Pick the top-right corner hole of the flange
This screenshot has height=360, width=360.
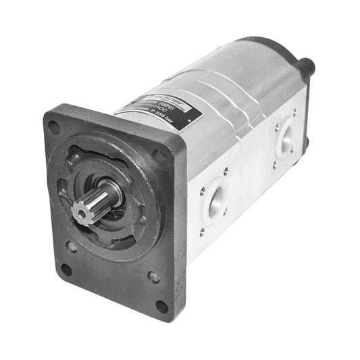(x=160, y=157)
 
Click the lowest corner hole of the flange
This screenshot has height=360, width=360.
(x=161, y=305)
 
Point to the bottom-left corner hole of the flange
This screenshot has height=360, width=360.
(x=66, y=268)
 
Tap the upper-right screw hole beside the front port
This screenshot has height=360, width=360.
(x=226, y=172)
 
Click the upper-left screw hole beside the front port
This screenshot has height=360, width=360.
(x=201, y=191)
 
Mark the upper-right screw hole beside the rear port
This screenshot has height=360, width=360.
(x=294, y=113)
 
